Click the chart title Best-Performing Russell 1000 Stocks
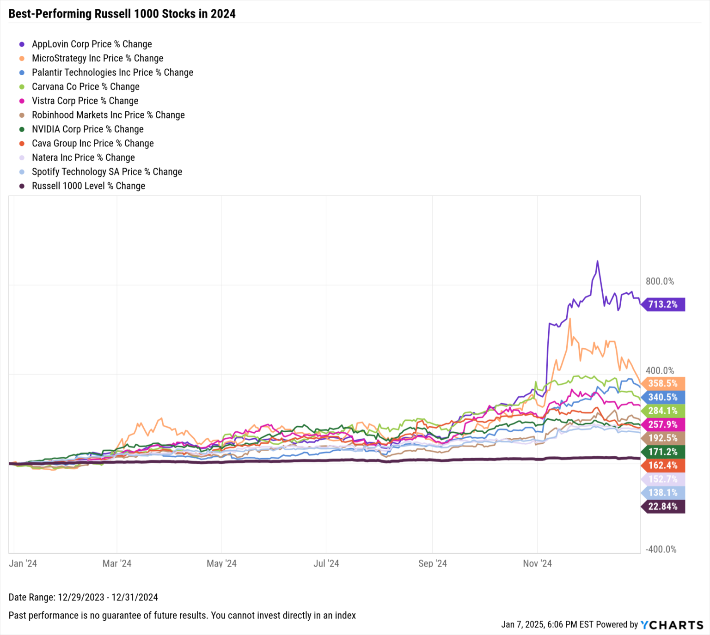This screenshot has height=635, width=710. point(122,14)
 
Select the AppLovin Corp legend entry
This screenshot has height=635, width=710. point(92,44)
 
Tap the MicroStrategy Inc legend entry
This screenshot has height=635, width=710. point(97,58)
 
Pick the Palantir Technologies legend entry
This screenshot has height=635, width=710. point(112,73)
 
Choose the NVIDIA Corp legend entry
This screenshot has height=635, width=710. point(87,129)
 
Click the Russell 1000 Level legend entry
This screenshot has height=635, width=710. point(88,186)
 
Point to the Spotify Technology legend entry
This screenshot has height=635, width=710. point(107,172)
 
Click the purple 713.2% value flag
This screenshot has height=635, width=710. point(663,304)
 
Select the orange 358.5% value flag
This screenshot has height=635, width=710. point(663,383)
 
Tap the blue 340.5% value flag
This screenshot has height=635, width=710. point(663,397)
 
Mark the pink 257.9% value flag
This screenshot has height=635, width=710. point(663,424)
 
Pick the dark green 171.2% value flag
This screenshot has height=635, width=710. point(663,452)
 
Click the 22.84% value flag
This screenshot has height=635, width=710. point(663,507)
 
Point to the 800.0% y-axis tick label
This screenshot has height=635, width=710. point(660,281)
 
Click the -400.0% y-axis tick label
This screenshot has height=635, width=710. point(661,549)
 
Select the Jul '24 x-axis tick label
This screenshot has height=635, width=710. point(326,563)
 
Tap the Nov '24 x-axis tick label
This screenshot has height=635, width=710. point(537,563)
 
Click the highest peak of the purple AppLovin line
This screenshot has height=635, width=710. point(597,261)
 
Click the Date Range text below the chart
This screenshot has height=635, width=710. point(83,597)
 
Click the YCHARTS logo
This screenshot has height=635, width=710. point(672,625)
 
